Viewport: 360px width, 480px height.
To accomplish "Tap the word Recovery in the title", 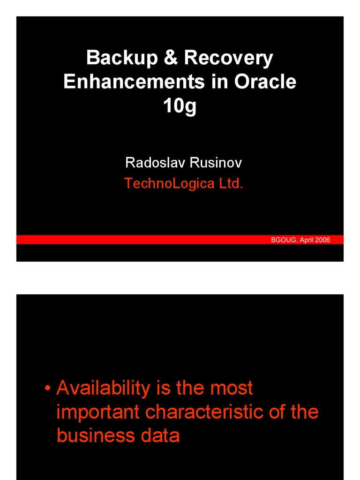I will [x=228, y=58].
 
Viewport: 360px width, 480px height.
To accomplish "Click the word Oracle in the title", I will [x=265, y=82].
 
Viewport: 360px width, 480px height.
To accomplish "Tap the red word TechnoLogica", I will [x=169, y=183].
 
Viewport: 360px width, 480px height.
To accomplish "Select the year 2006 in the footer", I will [x=323, y=240].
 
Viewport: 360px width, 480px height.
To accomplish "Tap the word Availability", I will [x=103, y=388].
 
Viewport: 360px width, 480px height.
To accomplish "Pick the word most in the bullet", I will [x=231, y=388].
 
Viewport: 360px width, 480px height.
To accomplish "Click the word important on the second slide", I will [x=98, y=412].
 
